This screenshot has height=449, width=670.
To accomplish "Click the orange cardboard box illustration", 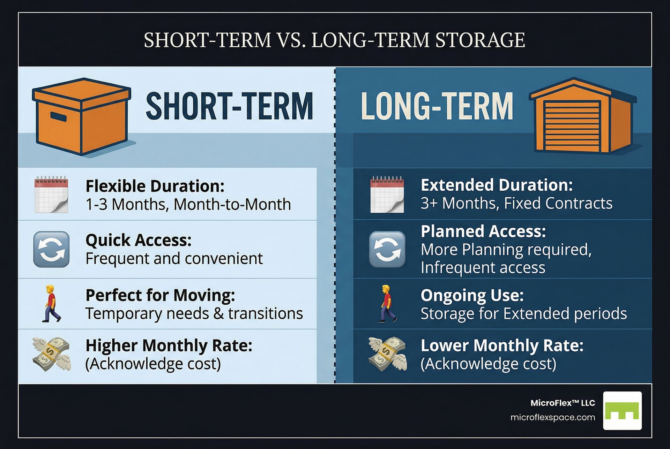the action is [82, 116].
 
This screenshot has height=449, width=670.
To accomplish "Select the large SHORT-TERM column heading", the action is [229, 106].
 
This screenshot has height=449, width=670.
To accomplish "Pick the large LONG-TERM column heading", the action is [437, 106].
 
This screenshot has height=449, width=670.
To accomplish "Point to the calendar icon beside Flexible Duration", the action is [51, 194].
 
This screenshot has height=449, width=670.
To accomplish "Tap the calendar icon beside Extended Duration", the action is [387, 194].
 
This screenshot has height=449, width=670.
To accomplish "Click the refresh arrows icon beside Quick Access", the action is [51, 249].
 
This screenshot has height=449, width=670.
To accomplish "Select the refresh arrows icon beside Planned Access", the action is [387, 249].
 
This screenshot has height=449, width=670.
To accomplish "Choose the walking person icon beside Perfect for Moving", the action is [51, 303].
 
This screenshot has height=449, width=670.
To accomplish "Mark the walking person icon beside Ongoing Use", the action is [387, 303].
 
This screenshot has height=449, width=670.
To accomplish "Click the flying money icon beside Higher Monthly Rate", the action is [51, 353].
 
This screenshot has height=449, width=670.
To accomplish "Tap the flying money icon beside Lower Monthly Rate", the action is [388, 353].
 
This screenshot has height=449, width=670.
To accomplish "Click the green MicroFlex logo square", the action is [623, 410].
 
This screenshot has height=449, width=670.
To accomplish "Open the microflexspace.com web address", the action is [553, 417].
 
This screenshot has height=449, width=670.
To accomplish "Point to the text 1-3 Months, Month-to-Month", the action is [188, 204].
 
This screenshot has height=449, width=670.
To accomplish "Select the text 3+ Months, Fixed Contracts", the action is [516, 203].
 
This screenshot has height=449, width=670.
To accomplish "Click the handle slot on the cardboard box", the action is [58, 117].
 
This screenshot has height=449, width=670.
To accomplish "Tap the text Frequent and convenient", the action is [174, 258].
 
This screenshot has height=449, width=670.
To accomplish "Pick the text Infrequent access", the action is [483, 268].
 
